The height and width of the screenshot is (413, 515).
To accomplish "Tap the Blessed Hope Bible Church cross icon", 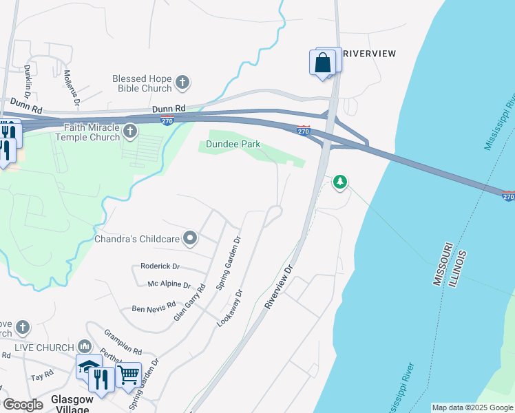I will click(182, 83).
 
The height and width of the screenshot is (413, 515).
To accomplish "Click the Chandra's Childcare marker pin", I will click(191, 239).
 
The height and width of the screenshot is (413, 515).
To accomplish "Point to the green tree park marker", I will click(339, 182).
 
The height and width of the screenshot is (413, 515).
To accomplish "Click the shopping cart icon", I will click(128, 376).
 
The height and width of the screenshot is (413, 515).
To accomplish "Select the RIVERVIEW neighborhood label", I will click(369, 54).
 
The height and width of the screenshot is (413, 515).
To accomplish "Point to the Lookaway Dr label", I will click(230, 307).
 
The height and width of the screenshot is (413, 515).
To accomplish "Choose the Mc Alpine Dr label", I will click(169, 284).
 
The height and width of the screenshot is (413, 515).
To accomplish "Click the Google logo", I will click(23, 405).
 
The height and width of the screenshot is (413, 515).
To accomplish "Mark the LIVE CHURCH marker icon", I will click(85, 346).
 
